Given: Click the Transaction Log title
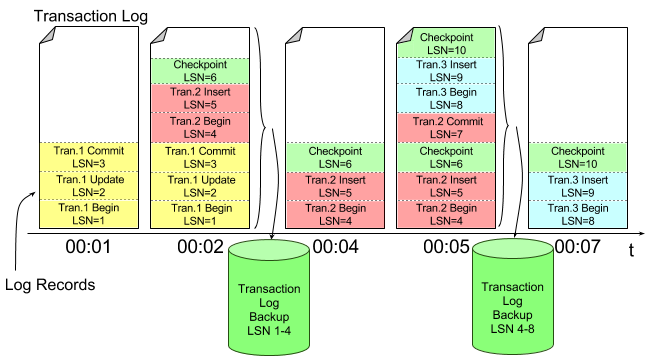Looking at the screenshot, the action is [91, 16].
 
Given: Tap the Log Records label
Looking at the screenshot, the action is [50, 285].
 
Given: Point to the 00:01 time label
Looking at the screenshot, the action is [88, 247].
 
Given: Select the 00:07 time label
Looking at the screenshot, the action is [578, 247].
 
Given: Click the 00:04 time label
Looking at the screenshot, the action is [336, 247].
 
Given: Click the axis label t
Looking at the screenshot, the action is [631, 250].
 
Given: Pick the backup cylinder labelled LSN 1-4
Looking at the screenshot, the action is [269, 297].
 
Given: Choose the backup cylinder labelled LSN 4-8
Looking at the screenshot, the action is [512, 296].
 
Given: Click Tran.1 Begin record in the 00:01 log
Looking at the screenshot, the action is [89, 214].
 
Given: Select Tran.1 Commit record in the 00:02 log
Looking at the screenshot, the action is [200, 157].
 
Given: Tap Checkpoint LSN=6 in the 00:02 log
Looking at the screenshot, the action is [200, 71].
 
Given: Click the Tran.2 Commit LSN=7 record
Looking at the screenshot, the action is [446, 128].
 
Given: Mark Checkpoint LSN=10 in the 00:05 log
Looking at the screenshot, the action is [446, 43].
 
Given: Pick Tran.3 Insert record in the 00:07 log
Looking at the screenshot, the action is [578, 186].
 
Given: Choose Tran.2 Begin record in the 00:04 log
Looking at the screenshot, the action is [335, 214].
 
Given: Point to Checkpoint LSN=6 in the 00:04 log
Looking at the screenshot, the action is [335, 157].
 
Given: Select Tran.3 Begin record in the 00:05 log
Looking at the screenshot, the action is [446, 98].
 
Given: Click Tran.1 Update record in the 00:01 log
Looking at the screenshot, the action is [89, 186].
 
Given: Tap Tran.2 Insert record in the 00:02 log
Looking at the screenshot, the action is [200, 98].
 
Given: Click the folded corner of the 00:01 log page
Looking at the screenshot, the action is [48, 36].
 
